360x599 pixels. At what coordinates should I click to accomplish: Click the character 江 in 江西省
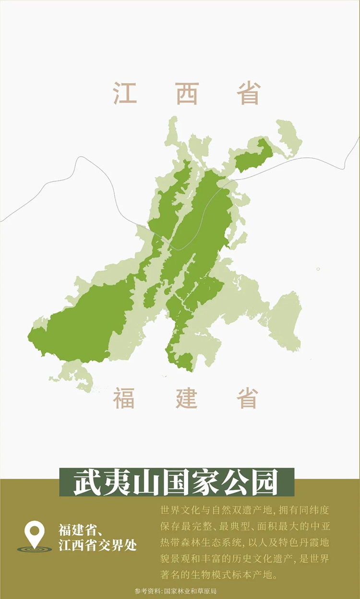(x=125, y=93)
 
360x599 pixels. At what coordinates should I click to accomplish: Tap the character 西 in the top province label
(x=187, y=93)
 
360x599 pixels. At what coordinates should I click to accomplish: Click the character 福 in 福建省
(x=124, y=398)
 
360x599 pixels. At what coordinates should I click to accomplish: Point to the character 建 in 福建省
(x=186, y=398)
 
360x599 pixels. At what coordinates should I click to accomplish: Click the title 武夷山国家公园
(x=176, y=483)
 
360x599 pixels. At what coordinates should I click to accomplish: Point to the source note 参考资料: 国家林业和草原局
(x=176, y=591)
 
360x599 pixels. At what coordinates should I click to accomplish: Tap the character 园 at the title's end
(x=266, y=483)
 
